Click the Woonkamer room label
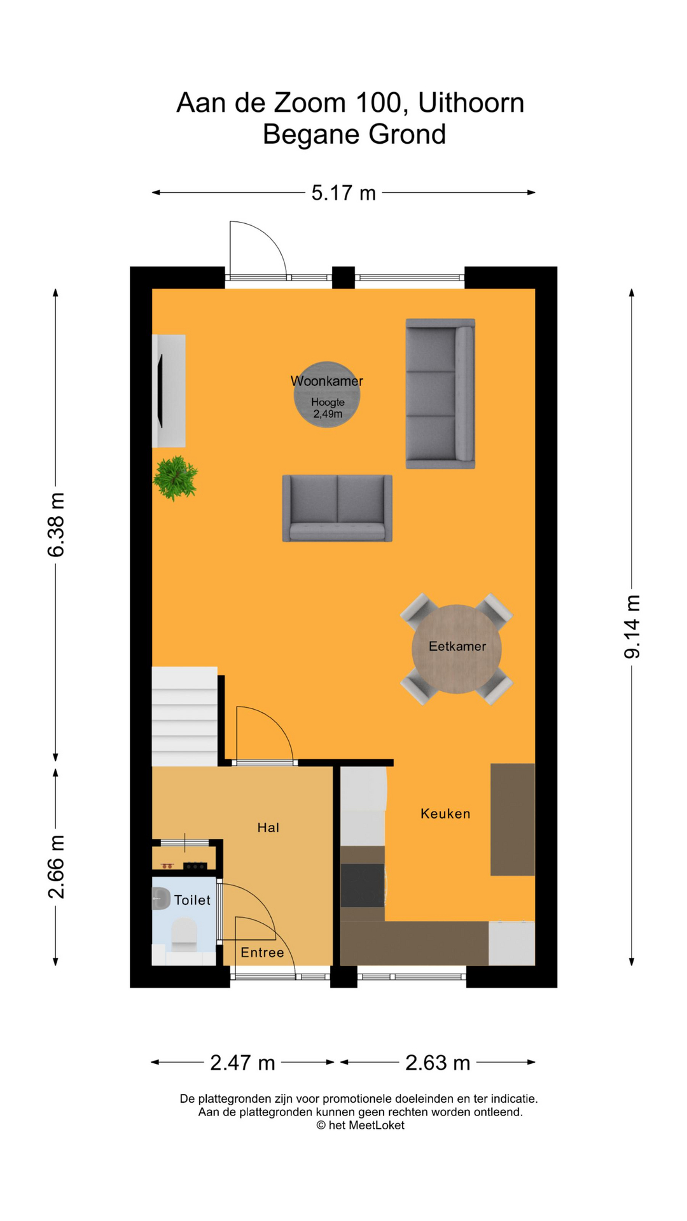(326, 381)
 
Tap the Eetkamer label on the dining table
(457, 646)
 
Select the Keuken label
(445, 813)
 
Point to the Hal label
(268, 827)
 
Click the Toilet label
(192, 900)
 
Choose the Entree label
(262, 952)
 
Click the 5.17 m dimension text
(343, 193)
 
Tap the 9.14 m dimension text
(632, 626)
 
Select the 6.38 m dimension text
(56, 524)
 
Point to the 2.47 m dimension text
(242, 1063)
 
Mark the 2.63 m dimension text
(438, 1063)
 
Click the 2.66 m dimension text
(56, 866)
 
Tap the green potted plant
(175, 478)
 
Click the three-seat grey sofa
(440, 394)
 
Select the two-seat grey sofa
(337, 508)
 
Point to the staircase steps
(184, 716)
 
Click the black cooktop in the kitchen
(363, 885)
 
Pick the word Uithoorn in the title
(471, 103)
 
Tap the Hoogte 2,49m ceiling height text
(327, 408)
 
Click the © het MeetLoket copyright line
(360, 1125)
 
